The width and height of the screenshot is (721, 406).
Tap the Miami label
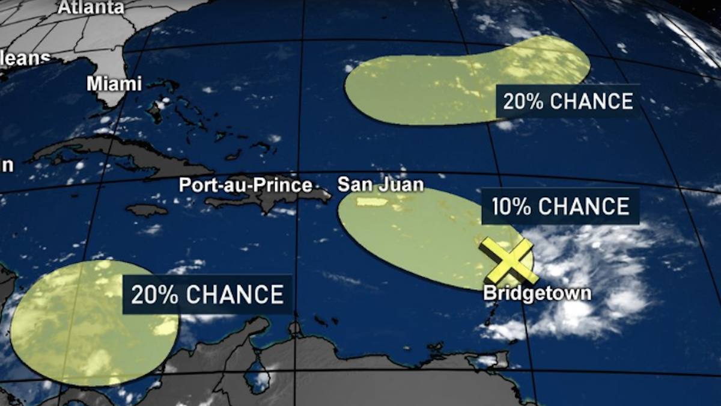coord(114,84)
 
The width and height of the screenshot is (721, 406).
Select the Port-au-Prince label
coord(245,185)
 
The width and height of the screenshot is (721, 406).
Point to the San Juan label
coord(380,184)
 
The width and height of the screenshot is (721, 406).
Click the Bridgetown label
coord(537,294)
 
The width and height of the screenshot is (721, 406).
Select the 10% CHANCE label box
coord(560,207)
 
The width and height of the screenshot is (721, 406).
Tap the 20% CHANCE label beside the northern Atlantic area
coord(568,101)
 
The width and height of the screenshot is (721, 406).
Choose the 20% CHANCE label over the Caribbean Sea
coord(207,295)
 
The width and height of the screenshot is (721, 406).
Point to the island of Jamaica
coord(146,210)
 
